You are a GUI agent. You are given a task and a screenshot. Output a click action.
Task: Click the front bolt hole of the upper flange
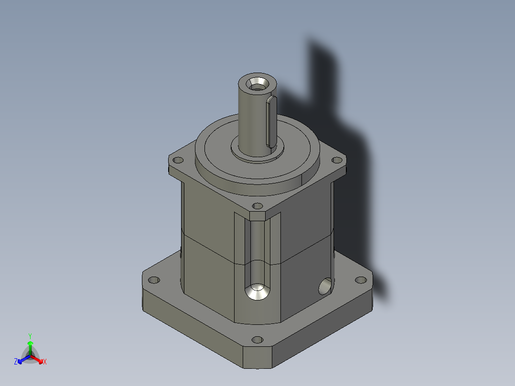(257, 206)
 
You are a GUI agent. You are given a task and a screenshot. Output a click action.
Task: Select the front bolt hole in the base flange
(257, 340)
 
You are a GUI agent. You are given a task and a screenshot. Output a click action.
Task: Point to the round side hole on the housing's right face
(324, 286)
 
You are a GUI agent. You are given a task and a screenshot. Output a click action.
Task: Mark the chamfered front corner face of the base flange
(258, 357)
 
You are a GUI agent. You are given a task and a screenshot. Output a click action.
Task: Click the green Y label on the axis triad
(30, 336)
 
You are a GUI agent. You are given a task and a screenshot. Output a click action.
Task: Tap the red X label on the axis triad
(44, 362)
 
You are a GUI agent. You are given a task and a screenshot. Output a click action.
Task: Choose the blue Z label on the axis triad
(16, 362)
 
